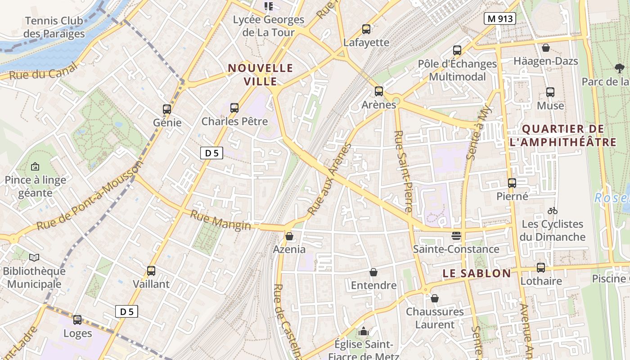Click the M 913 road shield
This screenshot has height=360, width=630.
pyautogui.click(x=499, y=18)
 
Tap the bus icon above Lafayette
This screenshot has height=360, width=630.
pyautogui.click(x=366, y=29)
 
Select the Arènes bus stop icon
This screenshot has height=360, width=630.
pyautogui.click(x=379, y=91)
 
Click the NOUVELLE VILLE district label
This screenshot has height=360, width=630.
pyautogui.click(x=261, y=75)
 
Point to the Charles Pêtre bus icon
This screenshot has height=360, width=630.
pyautogui.click(x=234, y=108)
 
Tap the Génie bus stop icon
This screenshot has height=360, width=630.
pyautogui.click(x=167, y=109)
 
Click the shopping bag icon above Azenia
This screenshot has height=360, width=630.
pyautogui.click(x=289, y=236)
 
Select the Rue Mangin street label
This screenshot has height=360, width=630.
pyautogui.click(x=220, y=220)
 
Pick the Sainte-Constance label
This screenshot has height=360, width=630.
pyautogui.click(x=456, y=249)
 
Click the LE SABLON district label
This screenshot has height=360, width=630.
pyautogui.click(x=477, y=273)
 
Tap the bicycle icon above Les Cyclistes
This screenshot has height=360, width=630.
pyautogui.click(x=553, y=211)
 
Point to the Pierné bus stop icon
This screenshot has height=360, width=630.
pyautogui.click(x=512, y=183)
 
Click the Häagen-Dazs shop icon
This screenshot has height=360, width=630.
pyautogui.click(x=546, y=47)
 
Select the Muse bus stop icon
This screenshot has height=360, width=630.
pyautogui.click(x=550, y=92)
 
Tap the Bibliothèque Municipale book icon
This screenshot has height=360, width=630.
pyautogui.click(x=34, y=257)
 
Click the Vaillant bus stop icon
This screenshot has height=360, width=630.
pyautogui.click(x=151, y=270)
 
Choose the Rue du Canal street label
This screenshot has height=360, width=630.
pyautogui.click(x=43, y=71)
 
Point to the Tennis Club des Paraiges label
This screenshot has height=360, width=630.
pyautogui.click(x=54, y=27)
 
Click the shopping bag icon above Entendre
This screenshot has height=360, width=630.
pyautogui.click(x=373, y=272)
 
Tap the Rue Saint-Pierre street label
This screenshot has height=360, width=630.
pyautogui.click(x=403, y=171)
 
